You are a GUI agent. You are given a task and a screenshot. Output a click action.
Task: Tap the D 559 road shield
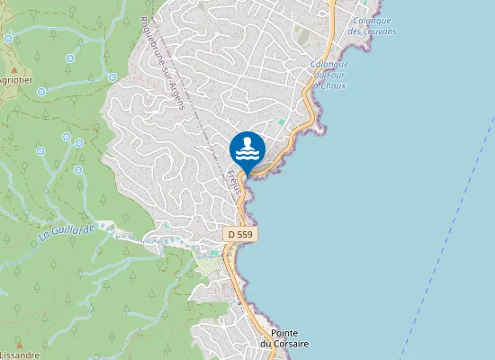[x=240, y=234]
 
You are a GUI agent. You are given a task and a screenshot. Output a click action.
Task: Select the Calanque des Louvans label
[x=373, y=25]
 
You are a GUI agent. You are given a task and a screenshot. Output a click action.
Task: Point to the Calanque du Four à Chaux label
[x=329, y=76]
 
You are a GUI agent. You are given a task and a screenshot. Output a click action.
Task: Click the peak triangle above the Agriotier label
[x=14, y=68]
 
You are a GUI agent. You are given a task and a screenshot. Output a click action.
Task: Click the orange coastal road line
[x=242, y=270]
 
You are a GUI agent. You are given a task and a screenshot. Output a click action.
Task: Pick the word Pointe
[x=284, y=332]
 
